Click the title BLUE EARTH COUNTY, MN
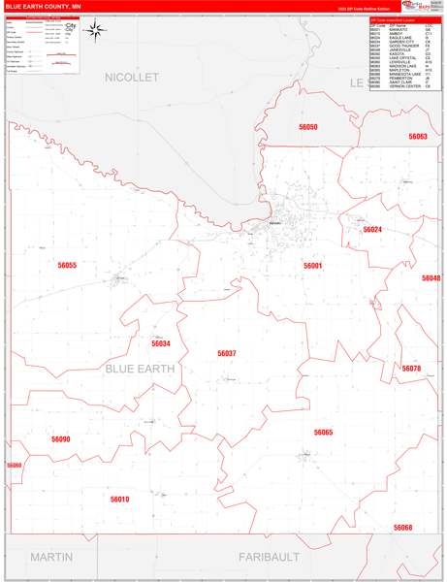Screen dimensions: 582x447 click(43, 6)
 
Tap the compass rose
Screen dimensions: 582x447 click(95, 30)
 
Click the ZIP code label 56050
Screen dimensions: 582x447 click(308, 127)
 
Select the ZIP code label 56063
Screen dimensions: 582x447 click(418, 137)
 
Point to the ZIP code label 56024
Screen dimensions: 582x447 click(372, 230)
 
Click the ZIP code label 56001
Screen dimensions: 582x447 click(312, 265)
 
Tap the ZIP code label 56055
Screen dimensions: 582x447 click(67, 265)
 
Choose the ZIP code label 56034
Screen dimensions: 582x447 click(161, 343)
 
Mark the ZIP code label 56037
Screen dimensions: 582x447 click(227, 354)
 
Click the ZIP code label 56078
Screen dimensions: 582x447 click(412, 370)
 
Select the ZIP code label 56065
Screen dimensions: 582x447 click(323, 433)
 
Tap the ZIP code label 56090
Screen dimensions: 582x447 click(61, 439)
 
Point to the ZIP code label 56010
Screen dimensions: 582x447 click(119, 500)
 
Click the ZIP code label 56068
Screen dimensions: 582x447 click(402, 528)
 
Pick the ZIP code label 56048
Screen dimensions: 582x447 click(431, 278)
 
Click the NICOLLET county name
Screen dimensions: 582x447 click(131, 77)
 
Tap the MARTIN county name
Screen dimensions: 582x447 click(51, 557)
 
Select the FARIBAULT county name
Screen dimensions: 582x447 click(269, 557)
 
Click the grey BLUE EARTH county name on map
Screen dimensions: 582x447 click(139, 369)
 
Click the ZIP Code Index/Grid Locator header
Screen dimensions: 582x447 click(403, 19)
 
